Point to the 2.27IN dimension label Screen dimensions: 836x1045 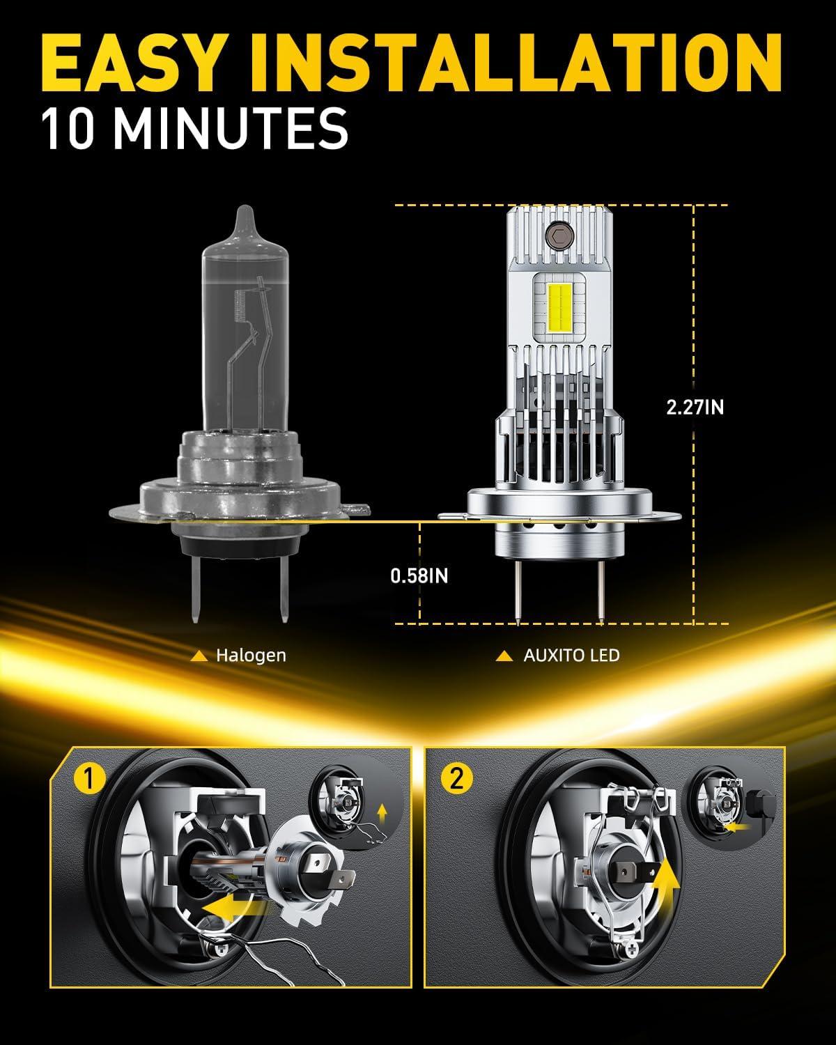point(695,408)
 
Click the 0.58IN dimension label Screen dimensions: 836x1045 point(419,576)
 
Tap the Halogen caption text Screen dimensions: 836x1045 point(251,656)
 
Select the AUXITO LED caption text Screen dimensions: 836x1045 point(572,656)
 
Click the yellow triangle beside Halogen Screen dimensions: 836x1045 point(199,656)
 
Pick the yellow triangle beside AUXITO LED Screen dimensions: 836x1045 point(504,656)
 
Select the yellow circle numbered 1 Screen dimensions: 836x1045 point(90,780)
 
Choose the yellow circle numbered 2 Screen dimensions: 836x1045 point(456,779)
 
